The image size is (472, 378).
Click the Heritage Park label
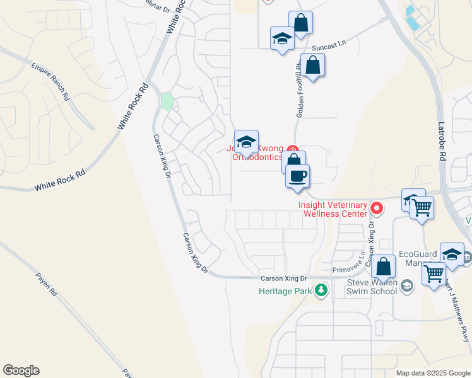(286, 291)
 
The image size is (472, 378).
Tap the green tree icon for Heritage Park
(322, 290)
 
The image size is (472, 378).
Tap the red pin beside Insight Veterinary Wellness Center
(377, 207)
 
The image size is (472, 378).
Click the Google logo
(21, 370)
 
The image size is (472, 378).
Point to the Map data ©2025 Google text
(433, 373)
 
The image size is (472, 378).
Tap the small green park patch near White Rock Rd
(167, 101)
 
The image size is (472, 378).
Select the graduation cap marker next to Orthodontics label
(246, 141)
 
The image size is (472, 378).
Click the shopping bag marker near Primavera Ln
(383, 266)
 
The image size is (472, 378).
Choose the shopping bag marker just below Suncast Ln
(312, 65)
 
